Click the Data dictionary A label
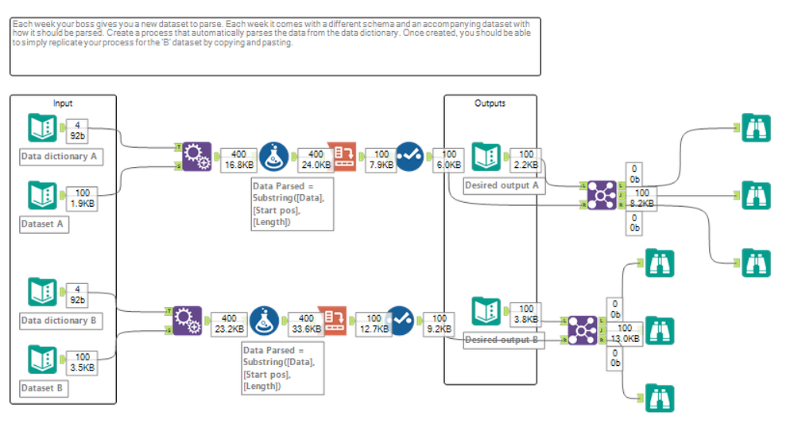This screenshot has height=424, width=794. coord(60,157)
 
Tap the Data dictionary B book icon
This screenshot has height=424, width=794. coord(41,291)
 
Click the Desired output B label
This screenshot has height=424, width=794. coord(503,340)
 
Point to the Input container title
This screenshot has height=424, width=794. coord(63,103)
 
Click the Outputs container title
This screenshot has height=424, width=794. coord(490,103)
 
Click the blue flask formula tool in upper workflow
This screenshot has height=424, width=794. coord(273,157)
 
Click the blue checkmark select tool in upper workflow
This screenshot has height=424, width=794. coord(410,157)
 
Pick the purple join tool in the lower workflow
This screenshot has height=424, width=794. coord(583,330)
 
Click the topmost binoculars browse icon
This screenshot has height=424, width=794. coord(756,128)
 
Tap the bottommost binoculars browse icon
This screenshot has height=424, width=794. coord(658,397)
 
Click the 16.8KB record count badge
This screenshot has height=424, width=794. coord(238,160)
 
